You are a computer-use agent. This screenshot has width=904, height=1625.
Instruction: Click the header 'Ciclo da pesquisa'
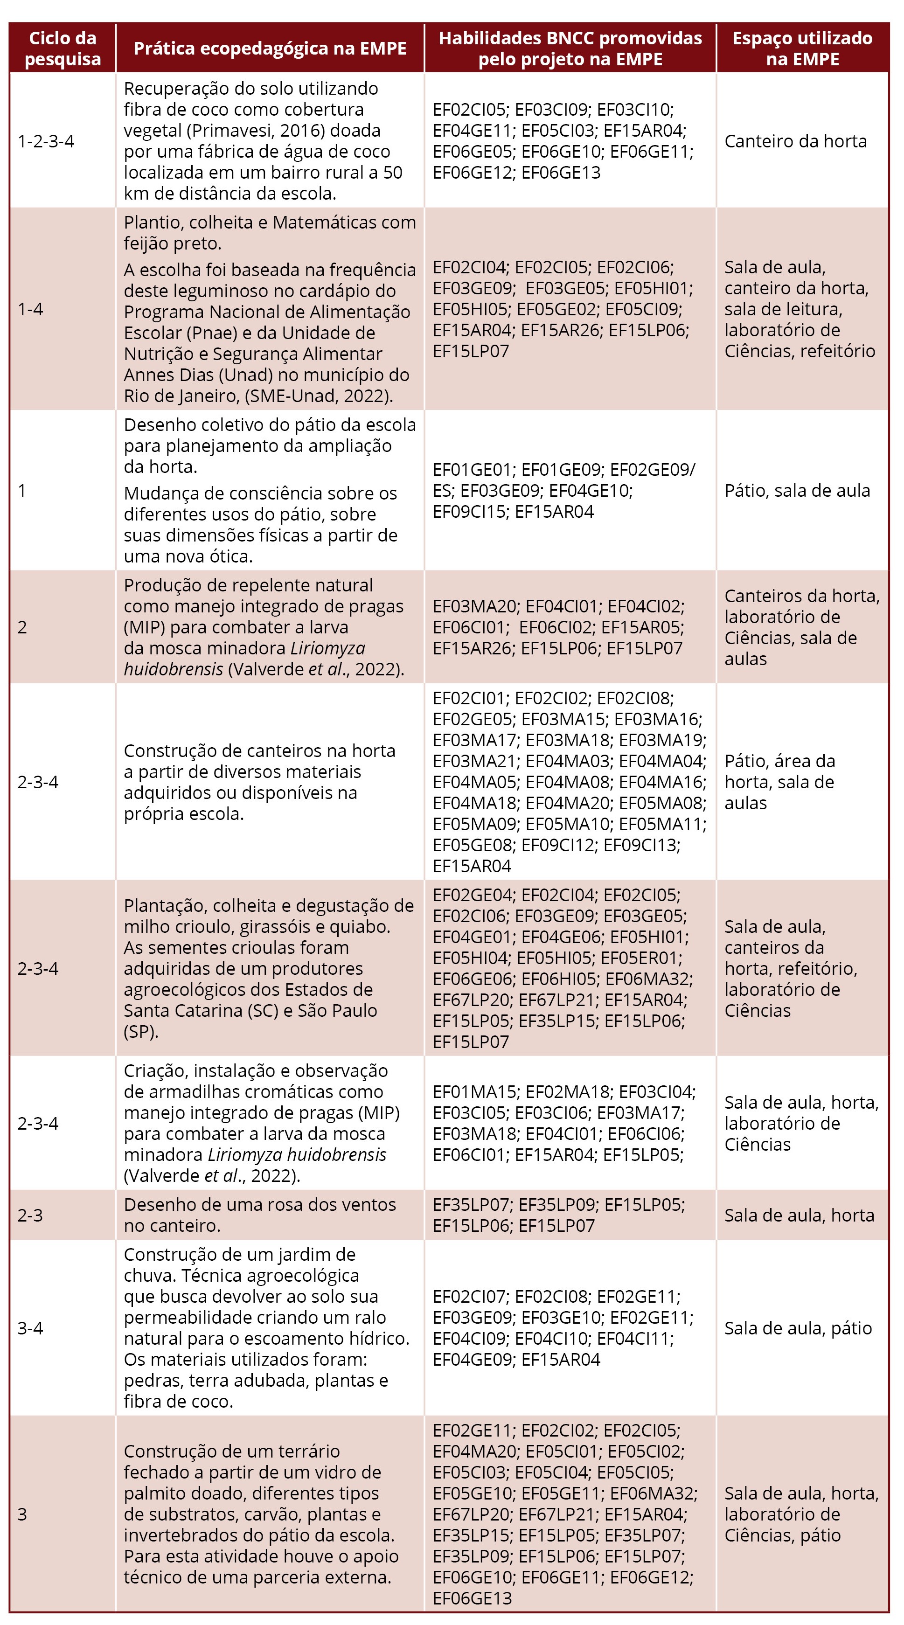(63, 49)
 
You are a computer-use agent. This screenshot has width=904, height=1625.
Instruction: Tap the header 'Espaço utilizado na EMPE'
(802, 49)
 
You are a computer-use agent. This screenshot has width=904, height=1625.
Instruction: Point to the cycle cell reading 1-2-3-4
(46, 141)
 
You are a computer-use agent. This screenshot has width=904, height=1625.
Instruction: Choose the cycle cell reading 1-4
(30, 309)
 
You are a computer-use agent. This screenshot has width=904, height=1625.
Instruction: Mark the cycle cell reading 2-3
(30, 1215)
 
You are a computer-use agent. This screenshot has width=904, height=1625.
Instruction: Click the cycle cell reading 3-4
(30, 1328)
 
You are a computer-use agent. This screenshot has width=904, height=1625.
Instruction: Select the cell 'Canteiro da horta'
(795, 141)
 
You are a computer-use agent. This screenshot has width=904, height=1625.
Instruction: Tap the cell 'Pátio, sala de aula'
(797, 491)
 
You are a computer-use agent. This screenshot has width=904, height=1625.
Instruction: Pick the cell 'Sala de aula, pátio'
(797, 1328)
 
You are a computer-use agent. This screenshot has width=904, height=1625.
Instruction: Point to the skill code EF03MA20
(475, 606)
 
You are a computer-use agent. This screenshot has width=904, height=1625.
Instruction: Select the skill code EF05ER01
(640, 958)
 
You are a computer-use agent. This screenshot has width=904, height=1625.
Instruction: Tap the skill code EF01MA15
(474, 1092)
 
